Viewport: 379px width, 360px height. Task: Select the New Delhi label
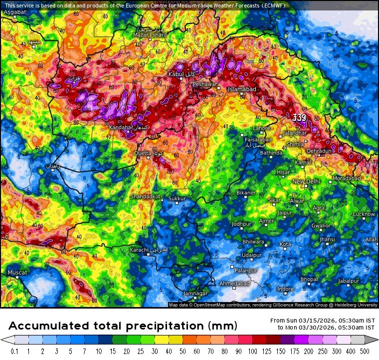[306, 181]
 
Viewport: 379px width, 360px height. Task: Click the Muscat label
[17, 273]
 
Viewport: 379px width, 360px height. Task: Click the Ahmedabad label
[234, 284]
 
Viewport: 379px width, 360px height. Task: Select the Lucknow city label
[364, 214]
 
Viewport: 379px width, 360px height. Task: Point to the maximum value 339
[299, 118]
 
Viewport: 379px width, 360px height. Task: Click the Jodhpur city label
[241, 224]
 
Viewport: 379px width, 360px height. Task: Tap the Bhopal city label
[309, 279]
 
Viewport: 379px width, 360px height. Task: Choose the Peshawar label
[205, 84]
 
